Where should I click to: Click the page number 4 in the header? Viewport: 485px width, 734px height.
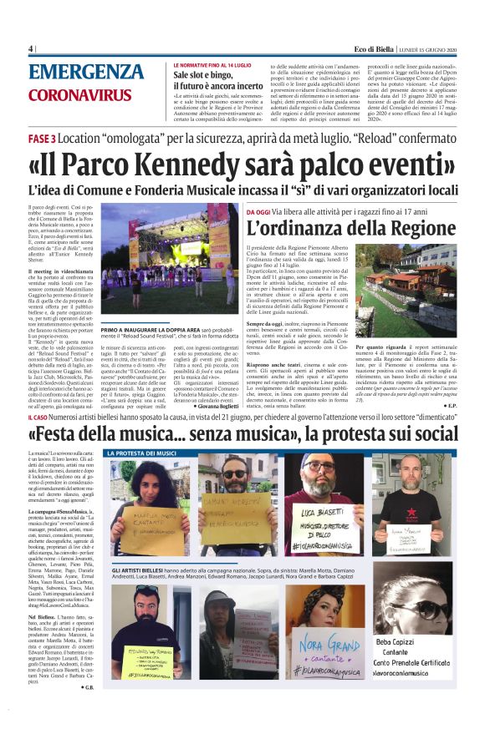tap(30, 49)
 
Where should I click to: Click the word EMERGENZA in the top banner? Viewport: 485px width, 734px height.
tap(85, 72)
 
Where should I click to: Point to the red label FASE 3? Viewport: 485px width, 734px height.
tap(42, 137)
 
